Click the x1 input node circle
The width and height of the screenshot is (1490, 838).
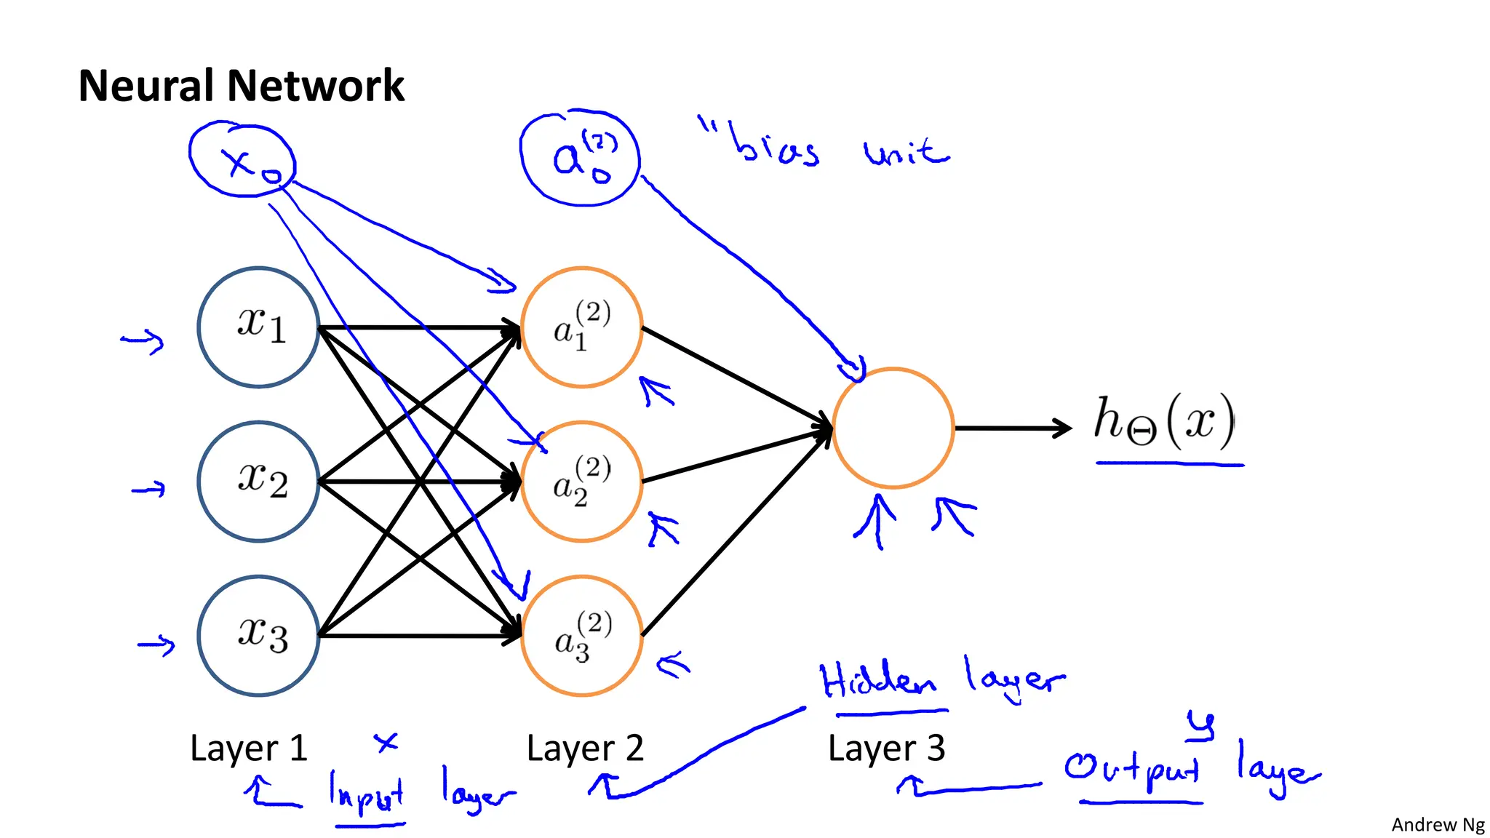pyautogui.click(x=258, y=327)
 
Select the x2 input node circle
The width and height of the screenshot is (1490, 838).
pyautogui.click(x=258, y=482)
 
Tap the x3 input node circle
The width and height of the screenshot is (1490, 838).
pyautogui.click(x=258, y=636)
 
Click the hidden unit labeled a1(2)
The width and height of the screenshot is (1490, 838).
pyautogui.click(x=581, y=327)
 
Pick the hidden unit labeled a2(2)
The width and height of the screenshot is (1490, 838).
pyautogui.click(x=581, y=482)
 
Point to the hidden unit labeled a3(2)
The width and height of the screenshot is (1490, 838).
pyautogui.click(x=581, y=636)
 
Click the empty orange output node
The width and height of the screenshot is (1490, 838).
pyautogui.click(x=893, y=428)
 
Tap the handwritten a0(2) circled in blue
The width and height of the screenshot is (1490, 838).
pyautogui.click(x=580, y=159)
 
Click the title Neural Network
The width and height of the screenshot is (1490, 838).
pyautogui.click(x=241, y=86)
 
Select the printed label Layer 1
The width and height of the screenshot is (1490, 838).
pyautogui.click(x=249, y=748)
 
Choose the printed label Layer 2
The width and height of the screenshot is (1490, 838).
pyautogui.click(x=585, y=748)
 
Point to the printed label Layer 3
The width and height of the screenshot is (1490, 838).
pyautogui.click(x=886, y=748)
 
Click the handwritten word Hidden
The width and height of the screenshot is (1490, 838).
pyautogui.click(x=877, y=681)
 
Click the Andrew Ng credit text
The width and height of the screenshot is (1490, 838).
pyautogui.click(x=1438, y=824)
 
